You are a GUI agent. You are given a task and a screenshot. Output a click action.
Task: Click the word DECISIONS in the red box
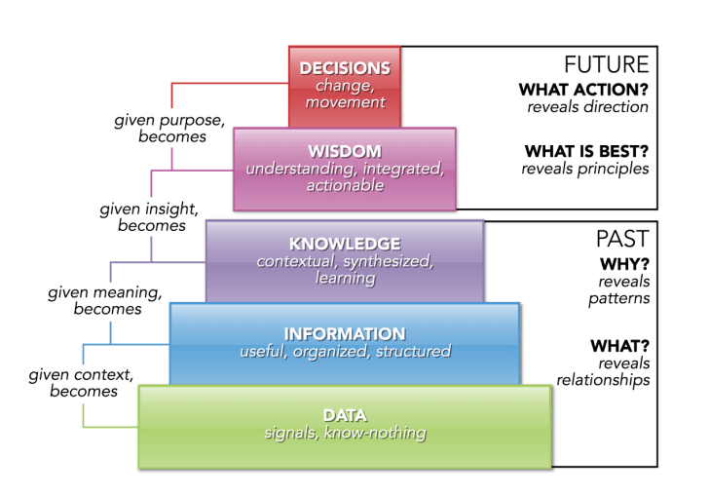coord(345,68)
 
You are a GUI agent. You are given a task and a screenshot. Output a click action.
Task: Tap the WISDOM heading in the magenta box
coord(344,152)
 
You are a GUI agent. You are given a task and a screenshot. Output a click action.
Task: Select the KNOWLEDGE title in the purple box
coord(345,244)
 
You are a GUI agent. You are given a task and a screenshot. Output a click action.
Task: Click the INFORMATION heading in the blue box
coord(345,333)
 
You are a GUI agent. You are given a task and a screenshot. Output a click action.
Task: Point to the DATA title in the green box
coord(345,415)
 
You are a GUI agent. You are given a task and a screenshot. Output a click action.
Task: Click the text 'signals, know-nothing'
coord(345,433)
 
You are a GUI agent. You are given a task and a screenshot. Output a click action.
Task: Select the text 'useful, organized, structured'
coord(345,351)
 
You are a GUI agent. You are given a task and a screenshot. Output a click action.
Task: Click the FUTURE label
coord(608,65)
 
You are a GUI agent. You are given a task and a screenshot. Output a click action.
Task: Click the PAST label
coord(622,239)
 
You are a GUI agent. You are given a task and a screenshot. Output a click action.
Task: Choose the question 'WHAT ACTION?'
coord(583,91)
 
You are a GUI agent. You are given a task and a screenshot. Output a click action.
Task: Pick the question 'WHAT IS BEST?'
coord(586,151)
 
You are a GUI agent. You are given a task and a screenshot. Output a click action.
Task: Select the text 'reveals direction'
coord(588,107)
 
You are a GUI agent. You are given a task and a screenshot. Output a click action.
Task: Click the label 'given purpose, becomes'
coord(171,130)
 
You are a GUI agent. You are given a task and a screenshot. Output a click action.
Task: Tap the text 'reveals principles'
coord(584,169)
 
